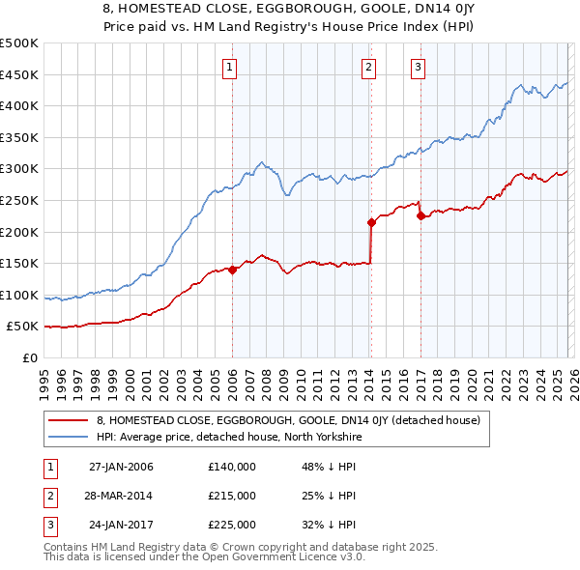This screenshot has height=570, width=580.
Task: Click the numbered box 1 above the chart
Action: coord(230,68)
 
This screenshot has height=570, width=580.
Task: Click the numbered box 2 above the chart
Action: coord(369,68)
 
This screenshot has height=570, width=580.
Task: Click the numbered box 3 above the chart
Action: coord(418,68)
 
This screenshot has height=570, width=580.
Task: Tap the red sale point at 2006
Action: coord(233,271)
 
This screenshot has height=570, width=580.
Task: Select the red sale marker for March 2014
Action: coord(372,222)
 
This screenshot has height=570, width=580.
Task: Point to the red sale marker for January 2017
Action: coord(420,216)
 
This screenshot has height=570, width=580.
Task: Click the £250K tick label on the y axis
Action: coord(18,200)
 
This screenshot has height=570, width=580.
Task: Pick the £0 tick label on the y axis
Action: coord(29,358)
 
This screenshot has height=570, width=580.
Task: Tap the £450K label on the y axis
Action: coord(18,74)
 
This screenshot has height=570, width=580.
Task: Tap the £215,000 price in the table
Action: coord(232,496)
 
